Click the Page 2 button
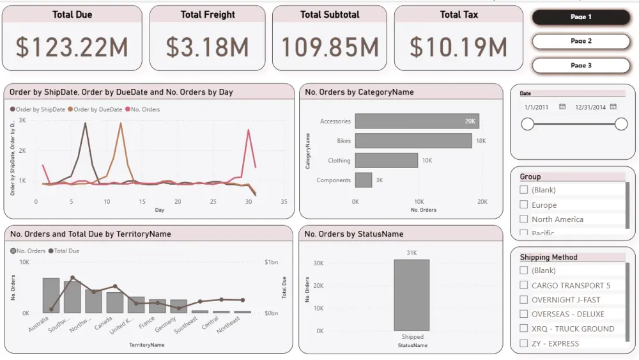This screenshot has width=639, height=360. (581, 41)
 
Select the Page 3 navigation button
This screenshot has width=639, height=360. (581, 65)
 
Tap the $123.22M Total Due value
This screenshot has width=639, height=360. (72, 47)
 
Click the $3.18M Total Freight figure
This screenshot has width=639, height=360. (207, 47)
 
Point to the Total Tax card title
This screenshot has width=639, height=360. (459, 14)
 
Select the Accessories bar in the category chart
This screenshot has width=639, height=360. (417, 121)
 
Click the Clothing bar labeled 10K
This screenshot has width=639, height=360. (386, 160)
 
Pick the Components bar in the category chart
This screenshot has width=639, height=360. (364, 180)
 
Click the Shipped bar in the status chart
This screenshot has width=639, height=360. (412, 295)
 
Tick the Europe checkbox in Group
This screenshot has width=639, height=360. (524, 205)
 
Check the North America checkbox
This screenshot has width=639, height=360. (524, 219)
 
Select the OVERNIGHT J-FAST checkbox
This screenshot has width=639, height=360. (524, 299)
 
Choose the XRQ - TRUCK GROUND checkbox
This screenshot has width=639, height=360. (524, 329)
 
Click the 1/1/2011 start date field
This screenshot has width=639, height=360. (536, 107)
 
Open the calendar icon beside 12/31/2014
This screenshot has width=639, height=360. (613, 107)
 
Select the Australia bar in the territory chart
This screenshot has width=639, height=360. (51, 295)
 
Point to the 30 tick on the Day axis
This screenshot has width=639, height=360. (248, 202)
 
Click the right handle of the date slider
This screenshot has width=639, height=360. (621, 124)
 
